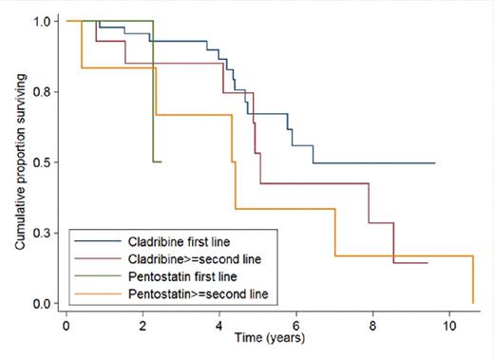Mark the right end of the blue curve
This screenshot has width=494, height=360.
coord(435,163)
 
